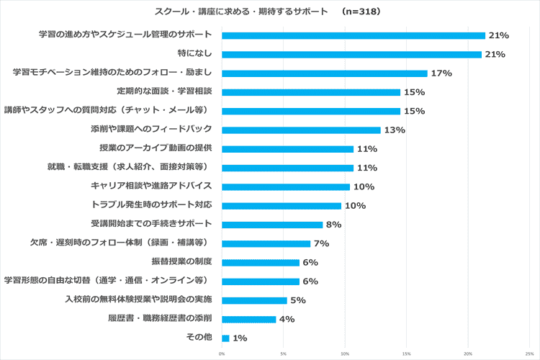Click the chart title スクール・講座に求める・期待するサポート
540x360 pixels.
tap(242, 12)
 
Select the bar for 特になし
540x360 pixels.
tap(351, 55)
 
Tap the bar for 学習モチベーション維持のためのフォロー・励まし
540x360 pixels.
tap(324, 73)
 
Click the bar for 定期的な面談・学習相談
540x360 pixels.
tap(310, 92)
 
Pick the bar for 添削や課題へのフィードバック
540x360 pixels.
tap(301, 130)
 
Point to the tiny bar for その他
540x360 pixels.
tap(225, 338)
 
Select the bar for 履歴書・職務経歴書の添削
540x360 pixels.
tap(248, 319)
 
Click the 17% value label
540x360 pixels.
tap(441, 73)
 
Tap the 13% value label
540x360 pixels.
tap(395, 130)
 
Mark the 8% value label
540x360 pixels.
tap(333, 225)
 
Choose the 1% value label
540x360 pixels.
tap(240, 338)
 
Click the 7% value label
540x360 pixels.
tap(321, 243)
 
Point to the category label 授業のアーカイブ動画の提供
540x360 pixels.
tap(156, 148)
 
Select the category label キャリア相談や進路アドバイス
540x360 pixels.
tap(151, 186)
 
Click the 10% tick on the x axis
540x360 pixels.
tap(345, 354)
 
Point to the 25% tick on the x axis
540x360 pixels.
tap(529, 354)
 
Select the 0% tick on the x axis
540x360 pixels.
tap(222, 354)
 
